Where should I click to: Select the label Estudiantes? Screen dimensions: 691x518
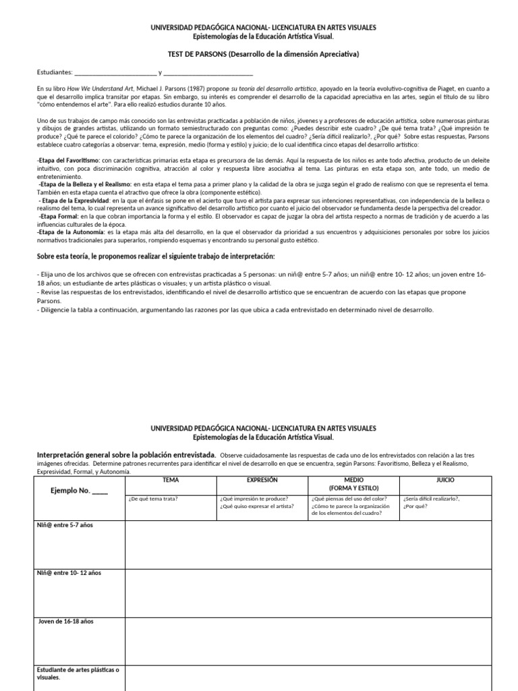[x=54, y=72]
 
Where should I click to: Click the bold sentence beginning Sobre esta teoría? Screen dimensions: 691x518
[x=155, y=256]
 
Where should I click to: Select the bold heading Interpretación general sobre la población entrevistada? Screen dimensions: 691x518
[x=127, y=455]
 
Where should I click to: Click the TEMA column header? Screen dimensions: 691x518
[x=171, y=480]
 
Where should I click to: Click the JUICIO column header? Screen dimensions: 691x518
[x=445, y=480]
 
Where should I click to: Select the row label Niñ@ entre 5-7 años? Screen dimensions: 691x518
[x=65, y=524]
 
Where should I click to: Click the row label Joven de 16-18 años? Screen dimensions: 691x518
[x=66, y=621]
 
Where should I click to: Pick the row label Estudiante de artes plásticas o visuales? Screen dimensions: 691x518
[x=77, y=673]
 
